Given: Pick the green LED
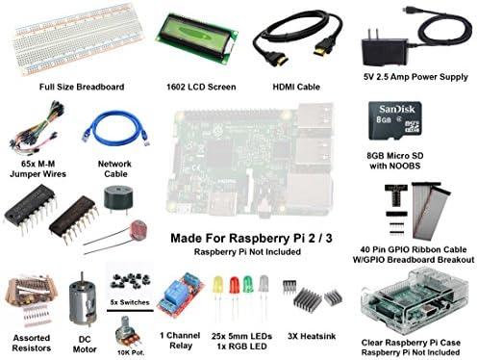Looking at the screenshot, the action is tap(248, 286).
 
